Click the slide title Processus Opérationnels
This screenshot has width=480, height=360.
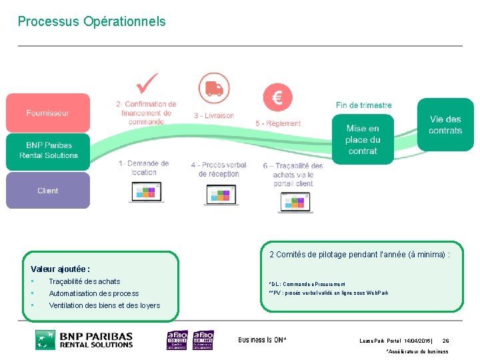(x=91, y=21)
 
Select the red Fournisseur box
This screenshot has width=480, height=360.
(x=47, y=113)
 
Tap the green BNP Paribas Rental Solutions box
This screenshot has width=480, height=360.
(x=47, y=151)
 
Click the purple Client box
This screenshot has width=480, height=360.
(x=47, y=191)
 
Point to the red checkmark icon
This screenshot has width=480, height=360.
(x=147, y=85)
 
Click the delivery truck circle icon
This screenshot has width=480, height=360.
(x=214, y=88)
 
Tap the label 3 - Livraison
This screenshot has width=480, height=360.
(x=214, y=115)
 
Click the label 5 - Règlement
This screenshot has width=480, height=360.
(x=278, y=123)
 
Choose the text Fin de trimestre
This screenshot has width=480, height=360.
(x=363, y=105)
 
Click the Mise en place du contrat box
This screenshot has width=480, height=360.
(x=363, y=139)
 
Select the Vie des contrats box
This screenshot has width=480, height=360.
(x=445, y=125)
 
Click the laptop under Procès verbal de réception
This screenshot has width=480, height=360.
(x=221, y=196)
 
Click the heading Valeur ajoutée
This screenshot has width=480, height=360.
(x=60, y=269)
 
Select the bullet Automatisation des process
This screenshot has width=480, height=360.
(x=93, y=293)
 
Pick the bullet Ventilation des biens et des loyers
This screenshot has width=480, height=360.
(x=104, y=305)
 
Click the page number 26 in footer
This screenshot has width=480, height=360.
(x=445, y=341)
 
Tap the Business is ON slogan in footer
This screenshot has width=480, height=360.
(x=262, y=340)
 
